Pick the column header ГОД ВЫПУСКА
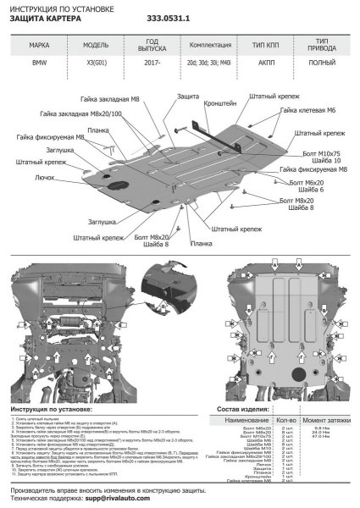[x=152, y=45]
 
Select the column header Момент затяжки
[x=326, y=420]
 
